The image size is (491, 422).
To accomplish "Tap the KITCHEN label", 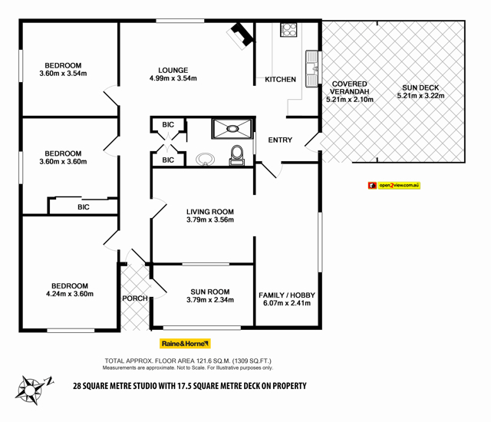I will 280,80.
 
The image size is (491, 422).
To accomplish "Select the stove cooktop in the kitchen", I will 289,30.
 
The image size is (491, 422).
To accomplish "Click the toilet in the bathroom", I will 236,154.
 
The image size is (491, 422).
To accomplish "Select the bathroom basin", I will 205,160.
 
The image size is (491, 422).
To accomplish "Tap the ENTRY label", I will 281,140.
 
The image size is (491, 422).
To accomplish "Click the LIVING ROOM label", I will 209,211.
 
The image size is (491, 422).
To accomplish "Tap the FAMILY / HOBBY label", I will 286,295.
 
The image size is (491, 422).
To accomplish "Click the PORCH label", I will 133,298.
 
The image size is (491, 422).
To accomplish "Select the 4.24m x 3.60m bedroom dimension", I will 69,294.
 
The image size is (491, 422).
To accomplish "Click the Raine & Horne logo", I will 185,344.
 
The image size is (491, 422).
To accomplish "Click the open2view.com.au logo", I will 394,185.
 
